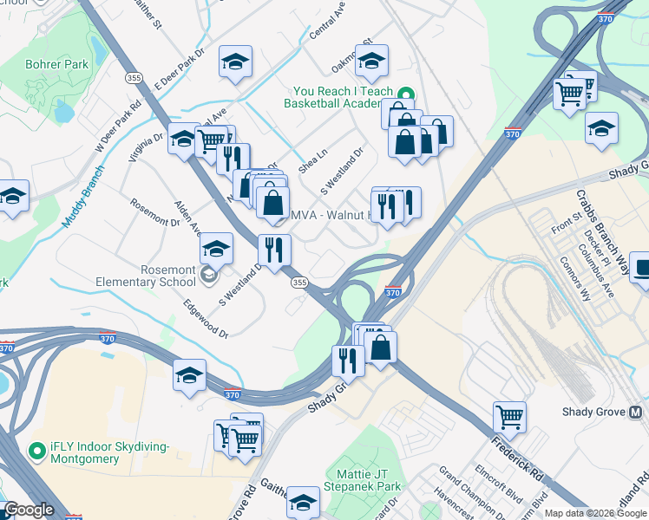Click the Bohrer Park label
(58, 64)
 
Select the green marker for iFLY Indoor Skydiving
(36, 451)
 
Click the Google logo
(29, 510)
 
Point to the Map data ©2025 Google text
(595, 513)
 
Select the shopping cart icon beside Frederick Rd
(509, 417)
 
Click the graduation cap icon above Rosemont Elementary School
(216, 249)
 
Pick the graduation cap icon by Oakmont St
(371, 61)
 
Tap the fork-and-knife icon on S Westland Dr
(274, 250)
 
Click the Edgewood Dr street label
(206, 320)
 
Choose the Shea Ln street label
(312, 159)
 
